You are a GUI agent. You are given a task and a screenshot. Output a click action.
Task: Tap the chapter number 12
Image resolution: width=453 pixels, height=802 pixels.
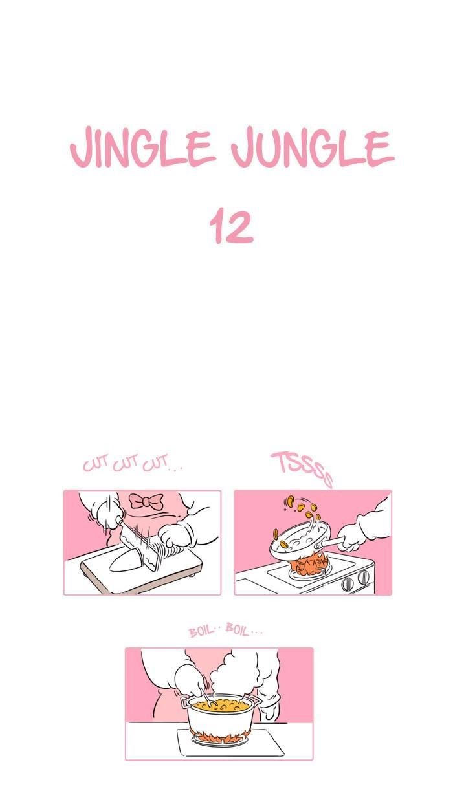(x=231, y=226)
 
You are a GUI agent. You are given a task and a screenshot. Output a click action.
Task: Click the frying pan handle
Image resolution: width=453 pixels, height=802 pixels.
(x=329, y=543)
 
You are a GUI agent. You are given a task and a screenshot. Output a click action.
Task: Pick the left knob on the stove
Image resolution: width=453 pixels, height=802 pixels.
(x=348, y=584)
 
